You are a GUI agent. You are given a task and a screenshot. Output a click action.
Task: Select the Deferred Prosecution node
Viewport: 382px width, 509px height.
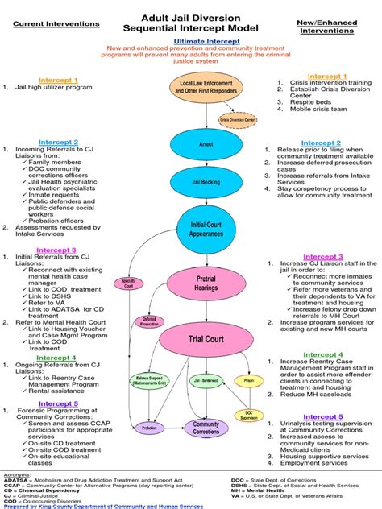pyautogui.click(x=150, y=321)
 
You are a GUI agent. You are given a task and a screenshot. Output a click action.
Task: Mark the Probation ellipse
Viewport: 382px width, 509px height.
pyautogui.click(x=150, y=428)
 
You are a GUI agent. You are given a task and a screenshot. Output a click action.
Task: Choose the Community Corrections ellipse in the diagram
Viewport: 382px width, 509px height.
pyautogui.click(x=206, y=428)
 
